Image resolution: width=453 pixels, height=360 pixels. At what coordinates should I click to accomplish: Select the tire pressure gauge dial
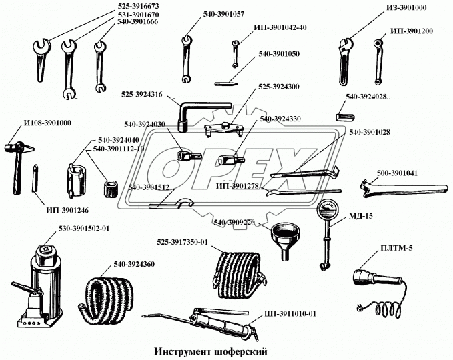(328, 210)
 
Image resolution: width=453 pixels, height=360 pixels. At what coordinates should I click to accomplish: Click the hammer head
(19, 148)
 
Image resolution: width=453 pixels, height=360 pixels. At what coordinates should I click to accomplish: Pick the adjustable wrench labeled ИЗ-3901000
(346, 61)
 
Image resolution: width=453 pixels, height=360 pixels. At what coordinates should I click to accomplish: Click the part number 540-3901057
(223, 14)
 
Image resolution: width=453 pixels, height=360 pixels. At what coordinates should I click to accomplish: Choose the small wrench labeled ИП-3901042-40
(235, 54)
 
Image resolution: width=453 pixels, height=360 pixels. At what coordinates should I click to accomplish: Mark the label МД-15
(360, 215)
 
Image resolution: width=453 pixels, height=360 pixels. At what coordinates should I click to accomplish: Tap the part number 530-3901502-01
(84, 229)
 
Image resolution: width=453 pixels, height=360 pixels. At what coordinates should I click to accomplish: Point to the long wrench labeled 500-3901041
(404, 187)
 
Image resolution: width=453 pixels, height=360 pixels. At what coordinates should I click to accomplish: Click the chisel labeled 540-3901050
(226, 84)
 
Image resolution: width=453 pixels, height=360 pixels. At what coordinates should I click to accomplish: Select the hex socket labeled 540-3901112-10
(110, 189)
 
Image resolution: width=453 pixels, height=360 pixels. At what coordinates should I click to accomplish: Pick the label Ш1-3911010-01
(290, 314)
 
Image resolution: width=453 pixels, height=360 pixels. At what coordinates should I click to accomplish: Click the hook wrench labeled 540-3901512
(172, 204)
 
